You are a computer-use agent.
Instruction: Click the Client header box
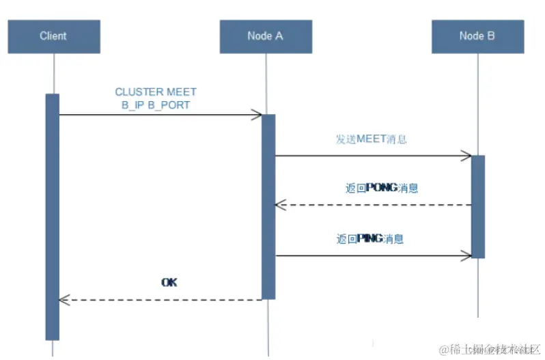point(54,36)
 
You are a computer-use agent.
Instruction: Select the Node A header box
point(266,36)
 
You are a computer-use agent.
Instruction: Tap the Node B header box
point(477,36)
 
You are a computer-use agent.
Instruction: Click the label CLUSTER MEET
point(156,92)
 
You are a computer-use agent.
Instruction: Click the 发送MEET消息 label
point(371,139)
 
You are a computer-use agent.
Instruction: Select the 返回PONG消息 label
point(381,188)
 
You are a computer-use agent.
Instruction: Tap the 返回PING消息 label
point(370,239)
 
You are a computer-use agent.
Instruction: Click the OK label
point(169,282)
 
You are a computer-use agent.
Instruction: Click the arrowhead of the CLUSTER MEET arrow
point(257,115)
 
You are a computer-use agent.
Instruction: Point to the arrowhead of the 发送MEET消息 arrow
point(466,156)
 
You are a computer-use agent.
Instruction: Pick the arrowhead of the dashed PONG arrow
point(279,205)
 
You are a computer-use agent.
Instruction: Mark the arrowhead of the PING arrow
point(466,255)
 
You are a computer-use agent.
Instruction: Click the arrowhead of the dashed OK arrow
point(64,299)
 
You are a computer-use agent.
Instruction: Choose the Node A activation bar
point(268,206)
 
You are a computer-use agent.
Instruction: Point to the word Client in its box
point(53,36)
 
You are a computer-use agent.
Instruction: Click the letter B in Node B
point(490,36)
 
